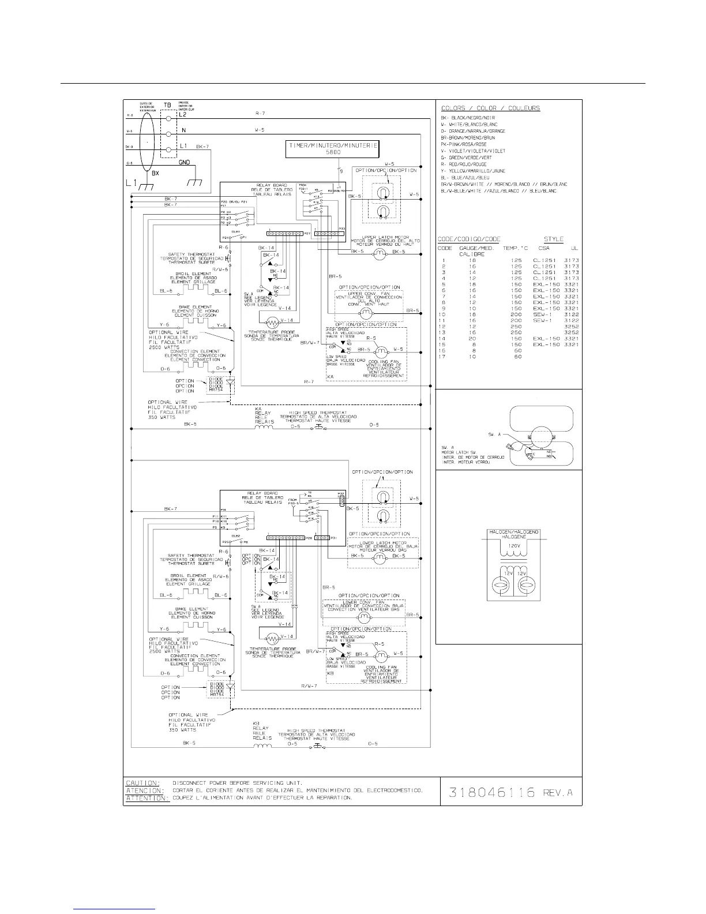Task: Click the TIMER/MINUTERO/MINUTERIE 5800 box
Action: [x=332, y=149]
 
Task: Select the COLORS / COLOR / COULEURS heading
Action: [x=490, y=108]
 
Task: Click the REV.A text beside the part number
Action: [x=557, y=792]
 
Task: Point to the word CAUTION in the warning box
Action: [x=142, y=783]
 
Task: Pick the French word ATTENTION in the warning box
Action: [x=147, y=798]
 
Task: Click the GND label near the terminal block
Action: [x=185, y=163]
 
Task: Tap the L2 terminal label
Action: [x=183, y=114]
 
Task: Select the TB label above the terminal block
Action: [x=168, y=106]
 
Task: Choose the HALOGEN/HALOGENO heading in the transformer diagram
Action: [x=513, y=531]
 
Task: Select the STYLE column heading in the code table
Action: [x=553, y=239]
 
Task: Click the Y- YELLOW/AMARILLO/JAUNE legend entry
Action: [x=473, y=171]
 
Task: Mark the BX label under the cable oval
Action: [x=155, y=173]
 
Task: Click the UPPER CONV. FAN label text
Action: [x=369, y=293]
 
